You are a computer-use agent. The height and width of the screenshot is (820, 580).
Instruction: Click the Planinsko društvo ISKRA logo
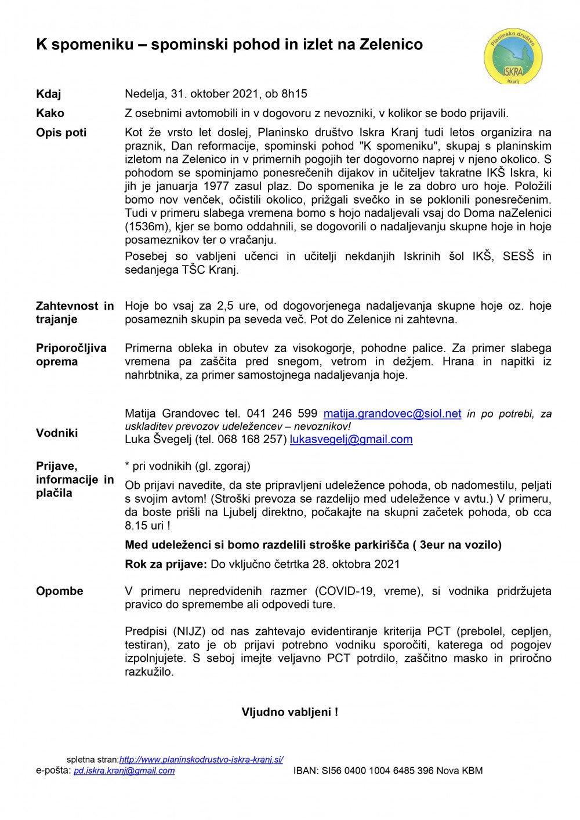[513, 57]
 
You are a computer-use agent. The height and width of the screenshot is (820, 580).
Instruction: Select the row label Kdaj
[48, 94]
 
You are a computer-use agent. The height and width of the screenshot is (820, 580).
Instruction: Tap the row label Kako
[50, 113]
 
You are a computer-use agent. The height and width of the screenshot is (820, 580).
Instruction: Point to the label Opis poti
[61, 133]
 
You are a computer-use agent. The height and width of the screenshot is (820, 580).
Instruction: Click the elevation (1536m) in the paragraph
[144, 227]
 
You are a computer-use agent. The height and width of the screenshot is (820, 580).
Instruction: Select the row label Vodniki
[57, 433]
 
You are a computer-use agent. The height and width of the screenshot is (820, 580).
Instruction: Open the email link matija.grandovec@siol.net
[392, 414]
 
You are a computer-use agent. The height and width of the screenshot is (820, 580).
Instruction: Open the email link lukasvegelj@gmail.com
[351, 440]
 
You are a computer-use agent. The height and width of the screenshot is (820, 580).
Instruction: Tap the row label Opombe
[60, 592]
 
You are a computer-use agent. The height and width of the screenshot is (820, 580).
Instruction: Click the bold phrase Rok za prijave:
[165, 564]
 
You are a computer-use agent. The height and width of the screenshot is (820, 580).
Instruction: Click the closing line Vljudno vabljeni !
[289, 712]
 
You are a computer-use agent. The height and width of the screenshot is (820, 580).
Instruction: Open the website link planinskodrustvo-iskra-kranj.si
[201, 760]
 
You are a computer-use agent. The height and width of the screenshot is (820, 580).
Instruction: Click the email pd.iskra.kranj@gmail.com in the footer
[124, 771]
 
